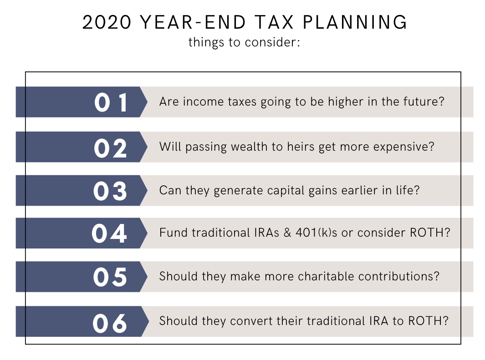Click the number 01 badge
[x=111, y=102]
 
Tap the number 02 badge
[x=111, y=147]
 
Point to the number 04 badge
[x=109, y=233]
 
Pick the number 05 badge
[x=110, y=277]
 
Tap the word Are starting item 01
[x=169, y=101]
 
